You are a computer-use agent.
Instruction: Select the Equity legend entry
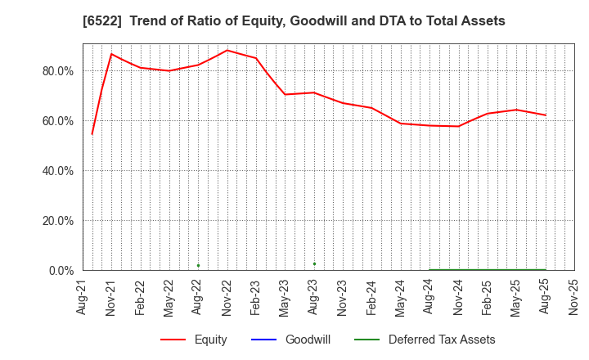194,340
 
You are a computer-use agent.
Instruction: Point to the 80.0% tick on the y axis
57,71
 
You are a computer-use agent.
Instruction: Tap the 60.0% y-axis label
57,121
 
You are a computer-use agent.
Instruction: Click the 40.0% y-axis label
57,171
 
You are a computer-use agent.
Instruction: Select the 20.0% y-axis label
57,221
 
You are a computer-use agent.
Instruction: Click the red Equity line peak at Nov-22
227,50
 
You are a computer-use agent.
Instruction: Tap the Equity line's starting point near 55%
92,133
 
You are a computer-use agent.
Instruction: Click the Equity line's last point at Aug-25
545,115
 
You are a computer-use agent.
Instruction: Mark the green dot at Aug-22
198,265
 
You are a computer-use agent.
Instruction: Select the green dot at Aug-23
314,263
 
